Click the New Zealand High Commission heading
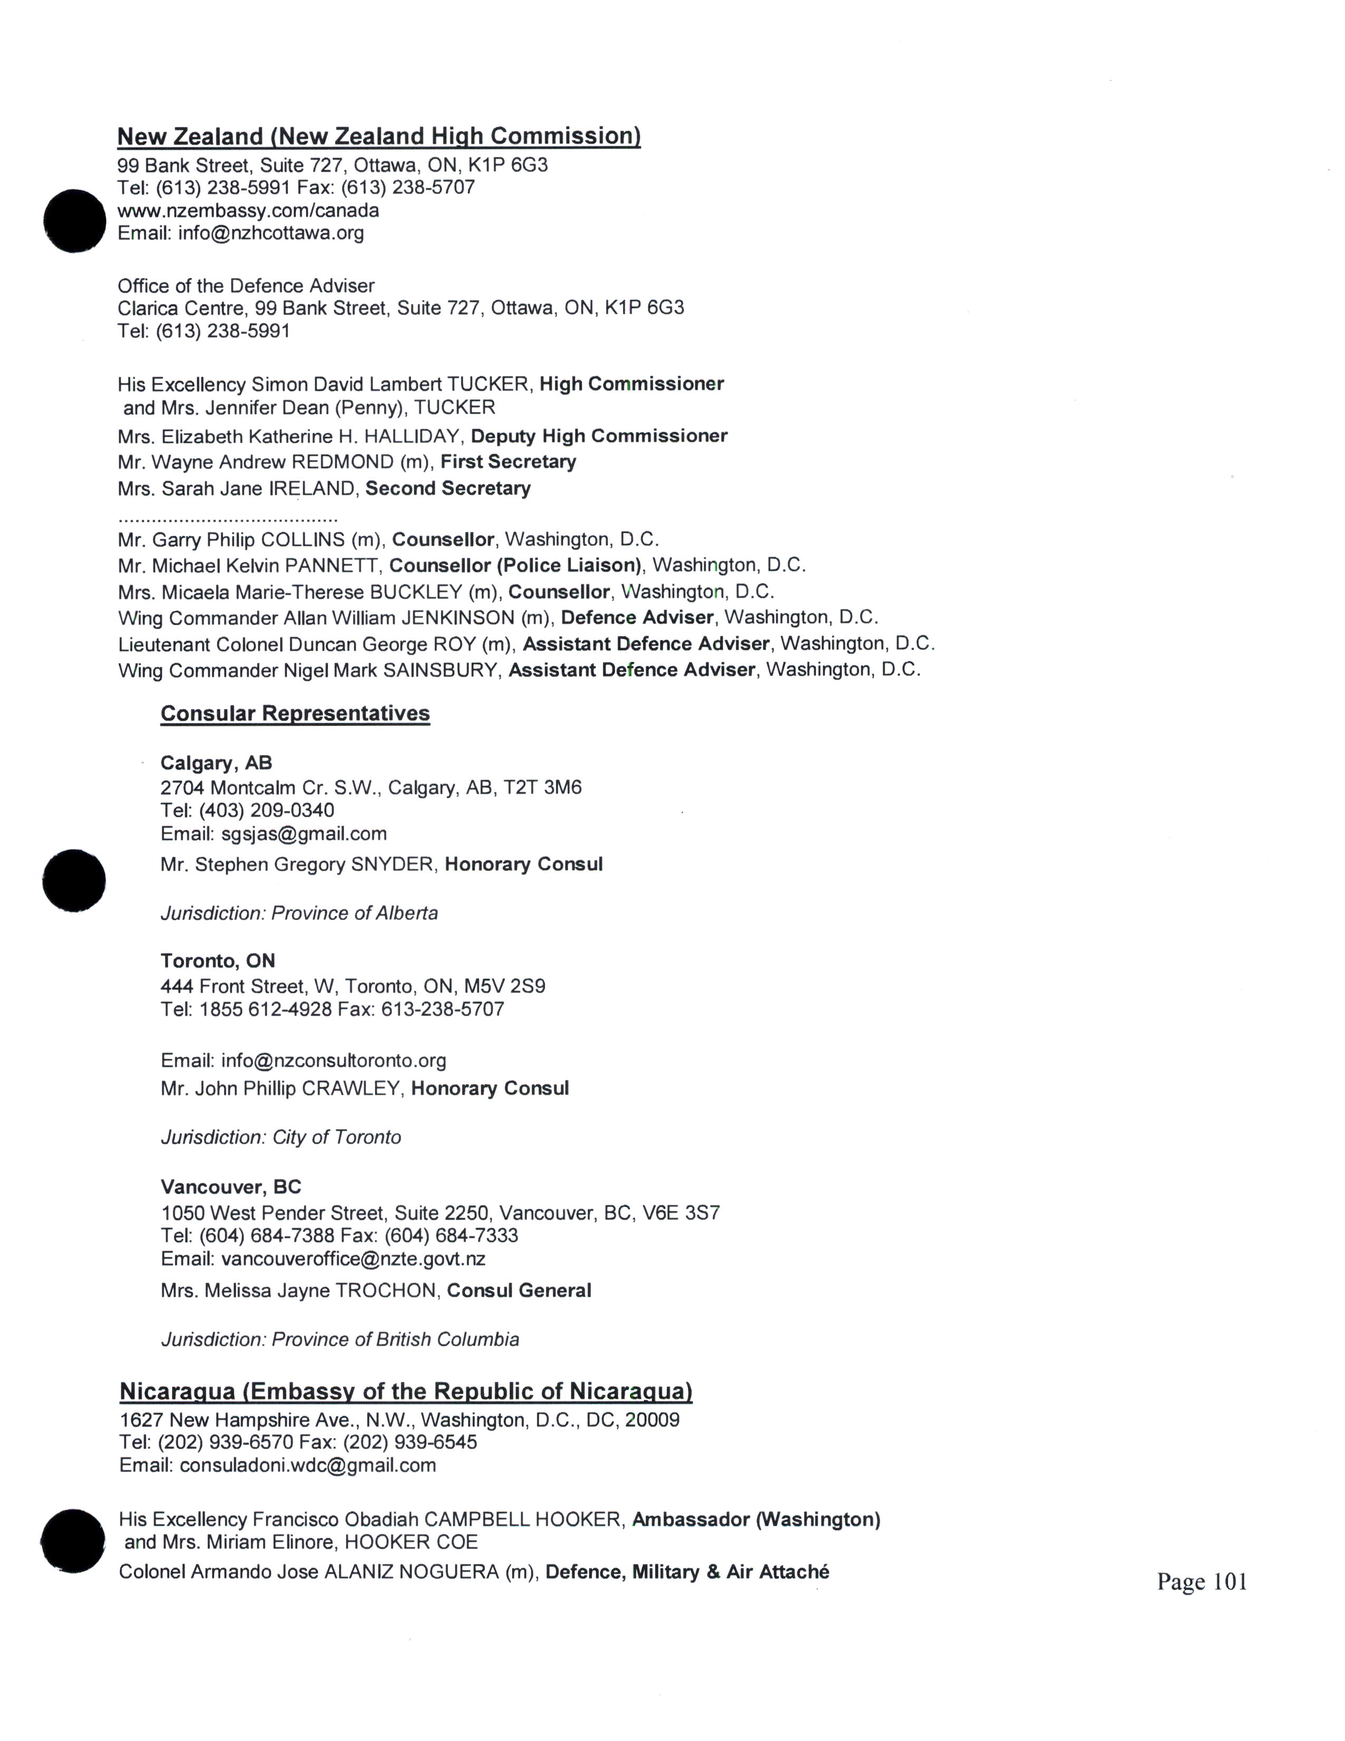379,136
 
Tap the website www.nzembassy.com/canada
248,211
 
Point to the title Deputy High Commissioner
599,436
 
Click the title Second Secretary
448,488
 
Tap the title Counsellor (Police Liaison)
515,565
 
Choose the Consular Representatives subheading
295,713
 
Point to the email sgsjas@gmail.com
304,834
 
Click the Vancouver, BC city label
230,1187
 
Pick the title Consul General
518,1290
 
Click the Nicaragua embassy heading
406,1392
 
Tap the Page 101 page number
1202,1582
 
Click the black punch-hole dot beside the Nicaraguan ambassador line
72,1541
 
